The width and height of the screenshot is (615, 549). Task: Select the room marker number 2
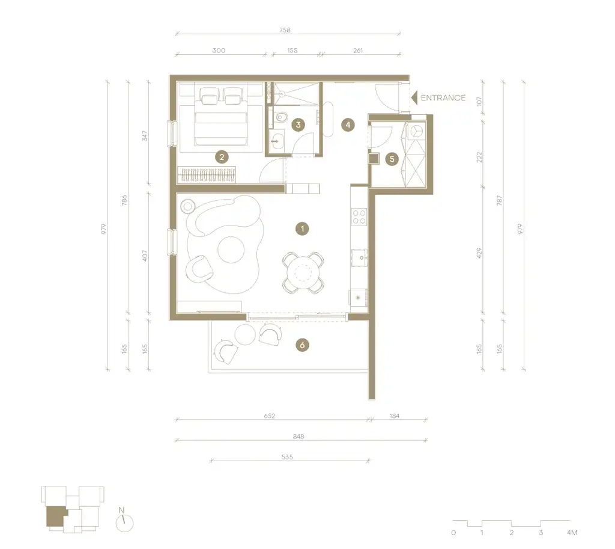pyautogui.click(x=222, y=158)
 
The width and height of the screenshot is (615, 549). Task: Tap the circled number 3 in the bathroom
pyautogui.click(x=297, y=125)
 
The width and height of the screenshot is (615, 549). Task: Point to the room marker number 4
pyautogui.click(x=347, y=125)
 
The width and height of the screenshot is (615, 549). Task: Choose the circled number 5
pyautogui.click(x=392, y=159)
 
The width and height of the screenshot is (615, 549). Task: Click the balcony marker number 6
pyautogui.click(x=303, y=345)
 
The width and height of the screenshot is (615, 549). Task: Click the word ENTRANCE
pyautogui.click(x=443, y=97)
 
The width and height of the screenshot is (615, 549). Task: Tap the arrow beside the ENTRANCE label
pyautogui.click(x=414, y=97)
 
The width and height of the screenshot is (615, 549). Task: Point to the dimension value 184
pyautogui.click(x=395, y=416)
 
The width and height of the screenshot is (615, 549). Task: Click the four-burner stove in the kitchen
pyautogui.click(x=359, y=216)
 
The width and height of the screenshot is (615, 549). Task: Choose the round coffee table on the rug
pyautogui.click(x=231, y=251)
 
